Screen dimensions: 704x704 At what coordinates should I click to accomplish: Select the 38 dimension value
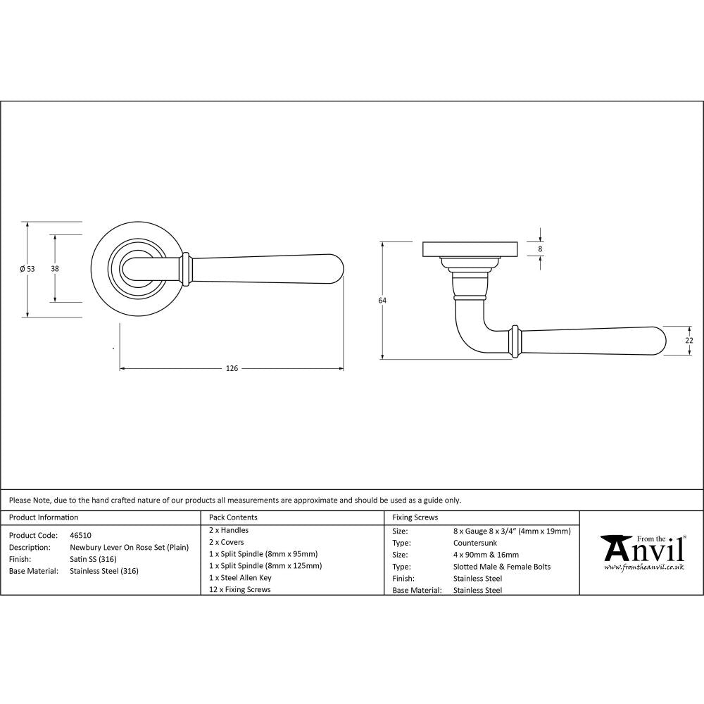point(55,268)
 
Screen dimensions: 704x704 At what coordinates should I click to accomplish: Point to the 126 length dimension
point(232,368)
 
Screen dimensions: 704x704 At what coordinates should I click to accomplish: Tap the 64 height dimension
point(382,301)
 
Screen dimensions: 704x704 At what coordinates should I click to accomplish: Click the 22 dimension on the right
point(689,340)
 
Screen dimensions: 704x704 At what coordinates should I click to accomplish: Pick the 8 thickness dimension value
point(540,249)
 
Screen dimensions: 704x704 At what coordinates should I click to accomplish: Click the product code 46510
point(80,535)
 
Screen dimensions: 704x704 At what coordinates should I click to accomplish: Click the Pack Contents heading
point(233,517)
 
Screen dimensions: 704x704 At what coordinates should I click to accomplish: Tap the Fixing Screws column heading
point(415,517)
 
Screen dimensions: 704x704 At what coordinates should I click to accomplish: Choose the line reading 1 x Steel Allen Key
point(240,577)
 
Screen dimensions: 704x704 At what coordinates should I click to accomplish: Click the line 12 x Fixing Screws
point(239,589)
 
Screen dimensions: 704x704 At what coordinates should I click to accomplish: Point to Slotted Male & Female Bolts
point(502,566)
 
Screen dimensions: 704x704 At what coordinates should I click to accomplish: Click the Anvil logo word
point(642,549)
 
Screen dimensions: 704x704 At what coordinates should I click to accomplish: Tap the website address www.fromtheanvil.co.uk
point(644,567)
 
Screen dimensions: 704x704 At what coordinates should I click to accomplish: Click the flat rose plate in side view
point(470,249)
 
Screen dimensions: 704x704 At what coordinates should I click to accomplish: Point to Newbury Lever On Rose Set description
point(129,547)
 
